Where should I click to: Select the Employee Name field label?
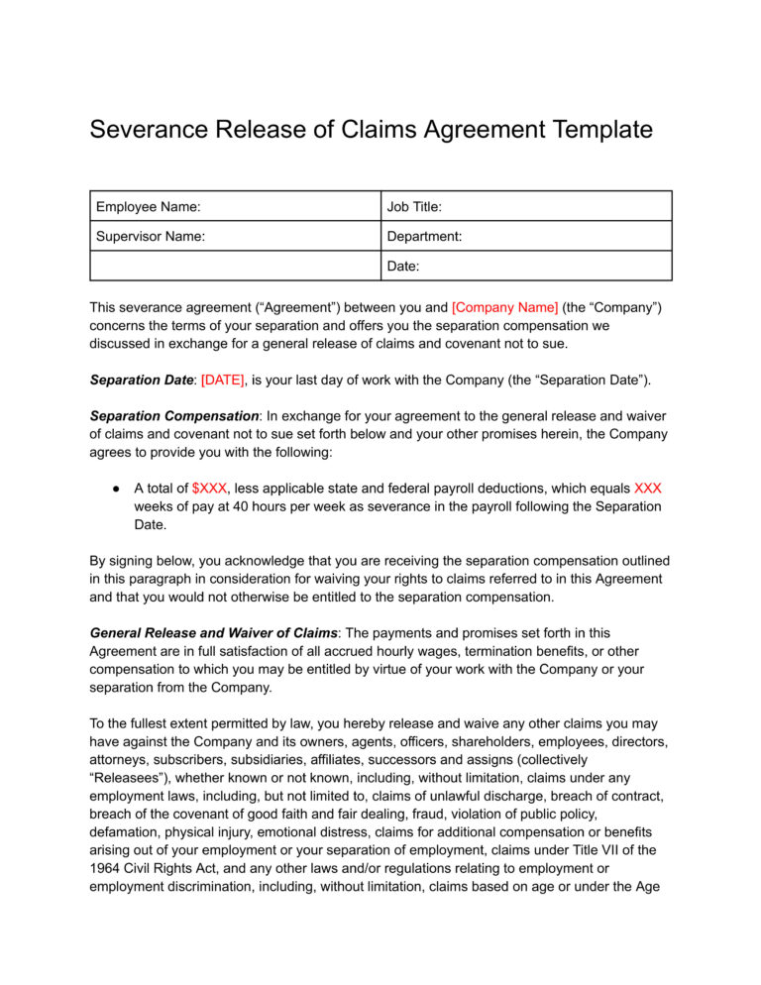[x=148, y=207]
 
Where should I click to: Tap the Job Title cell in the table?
[x=414, y=207]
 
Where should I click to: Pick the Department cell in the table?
[x=424, y=237]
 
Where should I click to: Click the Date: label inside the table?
[x=403, y=267]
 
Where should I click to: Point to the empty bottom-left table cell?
[x=234, y=267]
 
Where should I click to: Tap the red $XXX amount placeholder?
[x=210, y=489]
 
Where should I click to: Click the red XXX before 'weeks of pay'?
[x=647, y=489]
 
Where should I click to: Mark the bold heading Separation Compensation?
[x=173, y=415]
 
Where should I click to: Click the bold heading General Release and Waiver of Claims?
[x=213, y=631]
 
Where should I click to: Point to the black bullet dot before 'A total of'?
[x=116, y=489]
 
